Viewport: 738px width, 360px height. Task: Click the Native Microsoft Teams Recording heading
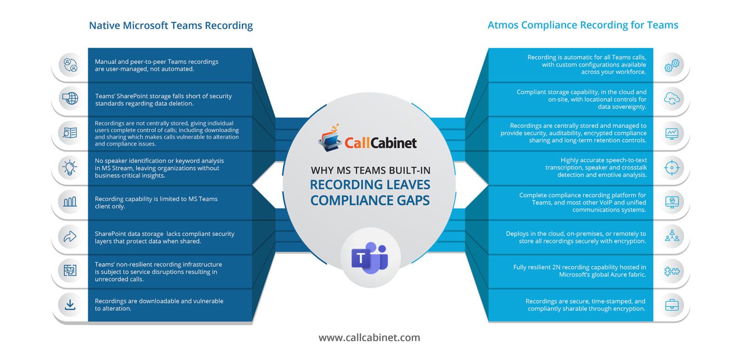click(171, 25)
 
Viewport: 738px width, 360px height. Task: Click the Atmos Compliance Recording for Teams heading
click(583, 25)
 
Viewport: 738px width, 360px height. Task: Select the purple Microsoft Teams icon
click(369, 258)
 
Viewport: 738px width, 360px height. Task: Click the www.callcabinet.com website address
click(369, 337)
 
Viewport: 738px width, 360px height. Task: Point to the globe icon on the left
click(70, 99)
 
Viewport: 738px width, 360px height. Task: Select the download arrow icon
click(70, 305)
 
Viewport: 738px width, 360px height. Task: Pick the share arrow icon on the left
click(70, 236)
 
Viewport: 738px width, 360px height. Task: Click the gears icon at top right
click(671, 65)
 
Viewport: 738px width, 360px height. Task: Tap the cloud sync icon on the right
click(671, 99)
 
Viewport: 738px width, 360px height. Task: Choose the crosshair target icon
click(671, 168)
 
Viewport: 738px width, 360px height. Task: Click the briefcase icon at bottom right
click(671, 305)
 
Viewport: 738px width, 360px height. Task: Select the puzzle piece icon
click(671, 271)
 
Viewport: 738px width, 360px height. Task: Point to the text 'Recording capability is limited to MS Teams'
click(156, 199)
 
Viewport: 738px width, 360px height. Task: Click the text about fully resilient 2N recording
click(579, 271)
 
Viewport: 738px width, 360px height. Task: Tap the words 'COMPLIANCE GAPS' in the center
click(369, 200)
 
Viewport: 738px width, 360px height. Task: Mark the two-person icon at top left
click(70, 65)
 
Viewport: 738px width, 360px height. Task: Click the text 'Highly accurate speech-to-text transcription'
click(596, 164)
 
